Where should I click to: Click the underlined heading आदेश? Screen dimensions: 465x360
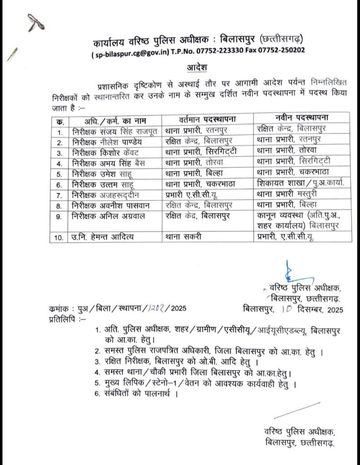196,68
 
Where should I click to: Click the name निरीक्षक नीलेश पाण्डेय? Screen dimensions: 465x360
106,140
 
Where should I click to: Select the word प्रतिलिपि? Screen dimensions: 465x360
61,319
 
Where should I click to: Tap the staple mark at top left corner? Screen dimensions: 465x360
34,21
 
